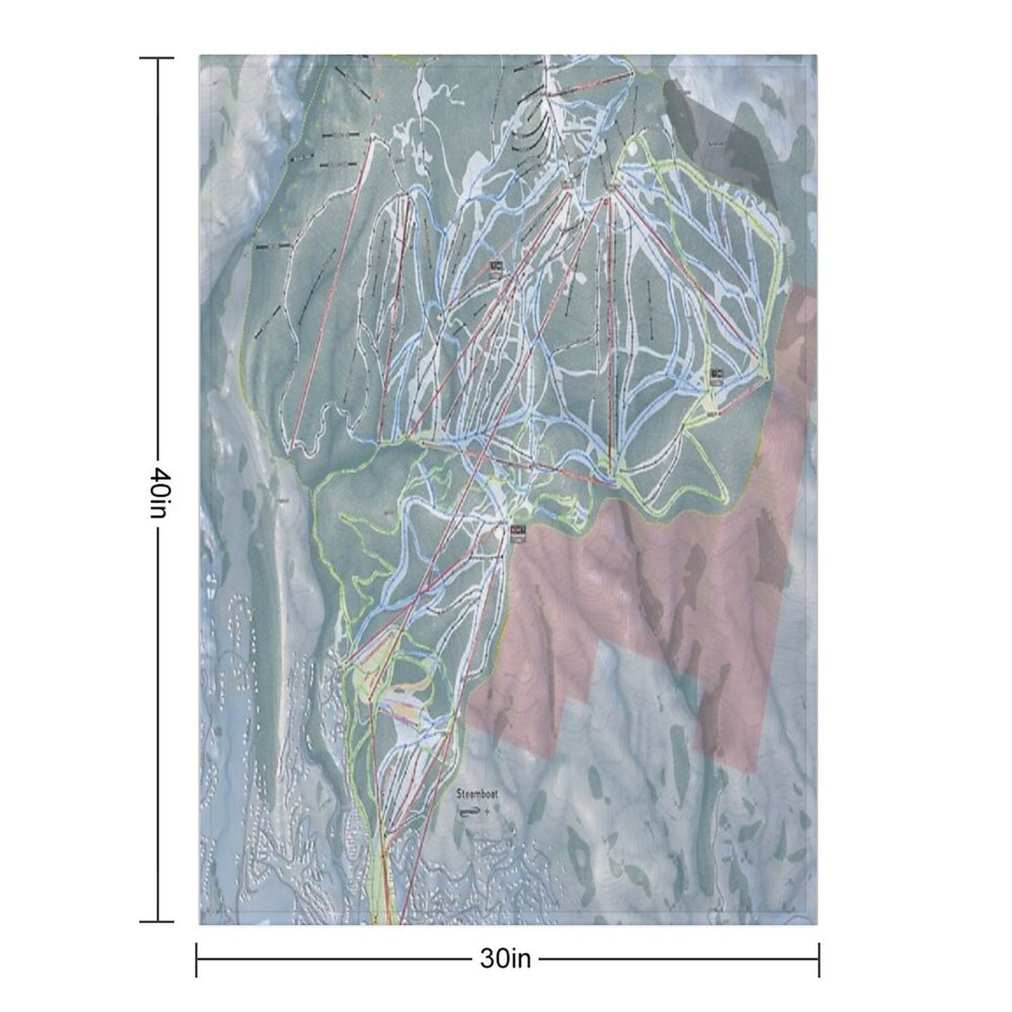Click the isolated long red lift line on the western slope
328,287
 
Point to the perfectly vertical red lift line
611,336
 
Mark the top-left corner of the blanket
200,55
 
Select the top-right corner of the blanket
817,55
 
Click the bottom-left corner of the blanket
200,924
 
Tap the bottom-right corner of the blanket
817,924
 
